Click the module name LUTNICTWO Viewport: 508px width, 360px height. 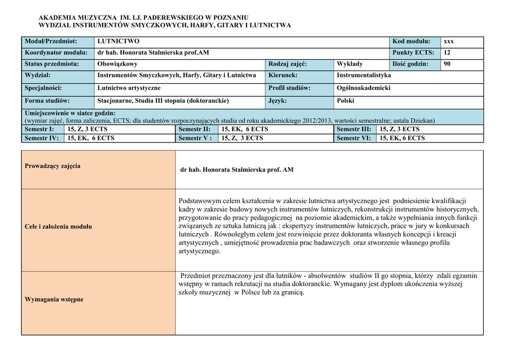[x=118, y=41]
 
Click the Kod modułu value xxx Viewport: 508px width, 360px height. [x=448, y=41]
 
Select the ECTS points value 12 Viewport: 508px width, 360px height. [x=447, y=53]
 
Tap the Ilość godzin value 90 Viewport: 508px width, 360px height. [x=447, y=64]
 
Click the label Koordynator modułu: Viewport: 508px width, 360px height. [x=56, y=53]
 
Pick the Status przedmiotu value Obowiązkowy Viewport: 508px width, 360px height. [x=118, y=64]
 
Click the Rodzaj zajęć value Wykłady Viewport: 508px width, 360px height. [x=350, y=64]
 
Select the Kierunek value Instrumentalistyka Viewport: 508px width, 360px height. [x=364, y=75]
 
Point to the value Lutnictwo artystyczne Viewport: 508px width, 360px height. [x=129, y=88]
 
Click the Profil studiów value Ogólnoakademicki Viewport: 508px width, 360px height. [x=364, y=88]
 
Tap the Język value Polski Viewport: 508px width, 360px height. [x=345, y=101]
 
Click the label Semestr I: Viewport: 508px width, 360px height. [x=39, y=129]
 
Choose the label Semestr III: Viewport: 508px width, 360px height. [x=354, y=129]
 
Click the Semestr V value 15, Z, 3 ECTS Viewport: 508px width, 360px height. [x=242, y=138]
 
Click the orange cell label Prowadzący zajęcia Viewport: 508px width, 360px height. [x=53, y=166]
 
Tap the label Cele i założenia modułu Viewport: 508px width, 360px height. [x=58, y=226]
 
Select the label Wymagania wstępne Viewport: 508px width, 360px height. [x=54, y=299]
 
